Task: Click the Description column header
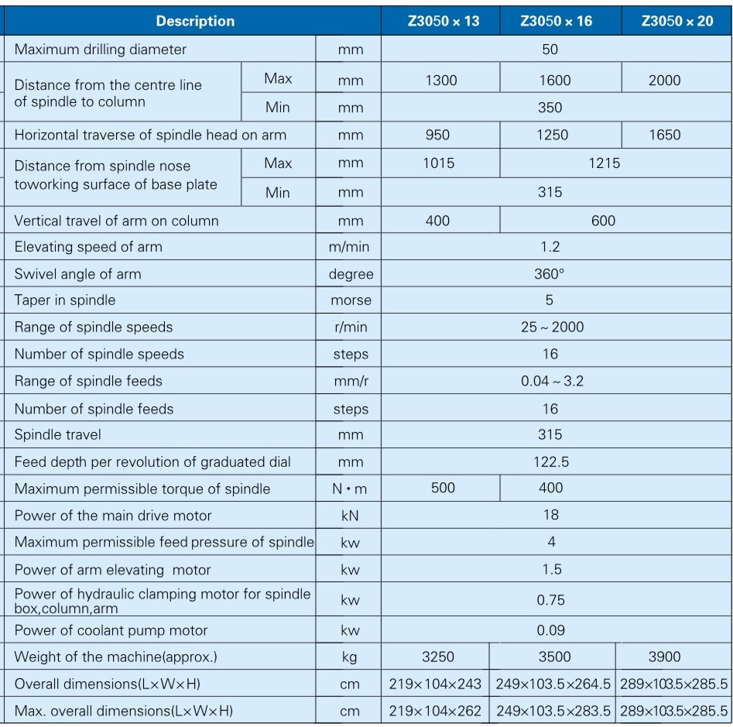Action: point(195,21)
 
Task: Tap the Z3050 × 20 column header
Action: point(677,21)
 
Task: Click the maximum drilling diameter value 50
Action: point(550,50)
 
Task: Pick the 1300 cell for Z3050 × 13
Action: point(441,81)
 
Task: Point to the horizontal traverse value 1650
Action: point(664,135)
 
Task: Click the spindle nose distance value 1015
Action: point(439,163)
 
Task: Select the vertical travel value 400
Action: point(437,221)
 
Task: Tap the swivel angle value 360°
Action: point(550,274)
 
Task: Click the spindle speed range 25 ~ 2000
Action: point(552,327)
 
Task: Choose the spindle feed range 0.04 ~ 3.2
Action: point(552,381)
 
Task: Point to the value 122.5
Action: point(551,462)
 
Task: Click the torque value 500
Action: point(443,488)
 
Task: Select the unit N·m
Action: point(350,489)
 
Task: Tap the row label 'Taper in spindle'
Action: point(65,300)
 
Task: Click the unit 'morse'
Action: point(351,301)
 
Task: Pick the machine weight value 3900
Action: point(664,657)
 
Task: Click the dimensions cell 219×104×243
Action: point(435,684)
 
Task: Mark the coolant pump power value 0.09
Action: point(551,630)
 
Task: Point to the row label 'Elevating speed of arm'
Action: point(88,248)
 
